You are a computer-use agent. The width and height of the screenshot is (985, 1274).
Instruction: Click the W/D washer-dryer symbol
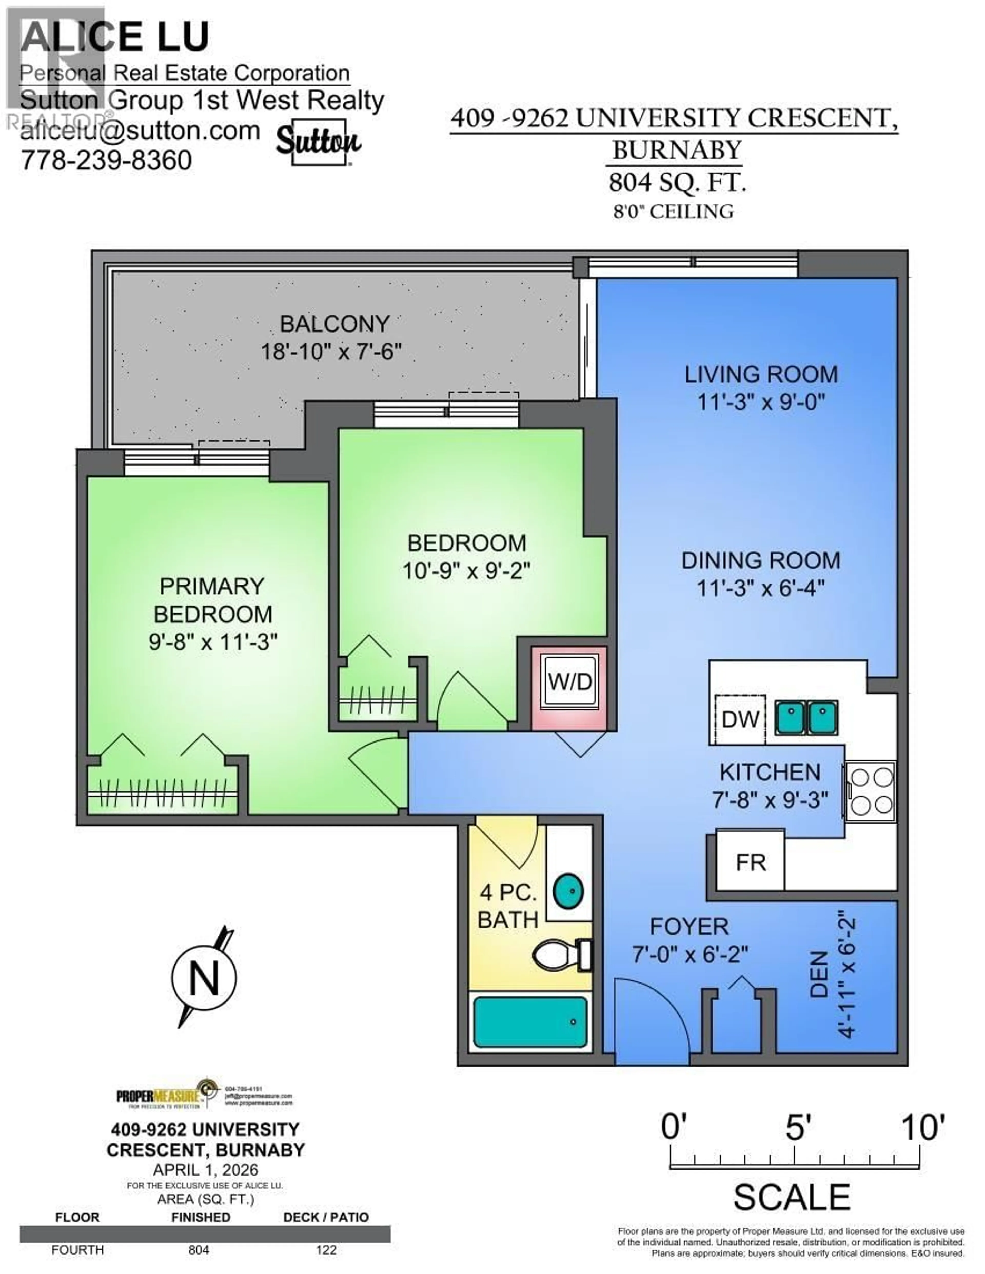click(x=569, y=681)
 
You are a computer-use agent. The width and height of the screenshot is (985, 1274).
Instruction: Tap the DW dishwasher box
click(x=740, y=719)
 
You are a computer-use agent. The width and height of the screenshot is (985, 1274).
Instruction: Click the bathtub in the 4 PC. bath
click(x=530, y=1022)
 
